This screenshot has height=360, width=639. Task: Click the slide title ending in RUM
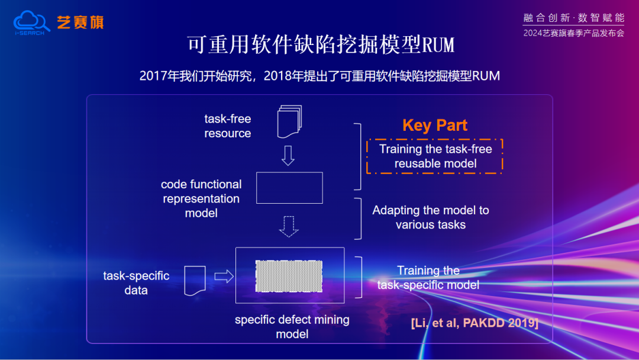click(x=320, y=45)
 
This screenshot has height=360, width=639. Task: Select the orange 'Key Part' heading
click(x=435, y=126)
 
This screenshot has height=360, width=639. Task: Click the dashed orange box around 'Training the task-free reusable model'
click(x=435, y=156)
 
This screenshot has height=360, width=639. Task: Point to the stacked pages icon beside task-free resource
click(x=289, y=121)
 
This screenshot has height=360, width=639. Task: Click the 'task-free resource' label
click(x=228, y=126)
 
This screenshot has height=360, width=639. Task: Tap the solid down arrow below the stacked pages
click(x=288, y=155)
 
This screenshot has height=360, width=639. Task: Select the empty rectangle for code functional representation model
click(x=289, y=188)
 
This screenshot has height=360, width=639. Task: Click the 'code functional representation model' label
click(x=201, y=199)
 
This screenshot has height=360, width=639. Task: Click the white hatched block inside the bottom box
click(x=289, y=276)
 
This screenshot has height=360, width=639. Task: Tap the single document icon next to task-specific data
click(x=195, y=281)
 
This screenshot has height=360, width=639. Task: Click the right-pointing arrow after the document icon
click(x=224, y=277)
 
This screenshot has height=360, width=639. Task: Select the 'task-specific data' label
click(x=136, y=283)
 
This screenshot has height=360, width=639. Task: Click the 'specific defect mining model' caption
click(x=292, y=327)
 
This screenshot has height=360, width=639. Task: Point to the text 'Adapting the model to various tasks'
click(x=431, y=217)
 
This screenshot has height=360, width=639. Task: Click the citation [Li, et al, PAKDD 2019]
click(x=474, y=323)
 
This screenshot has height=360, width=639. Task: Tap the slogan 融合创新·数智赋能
click(x=573, y=18)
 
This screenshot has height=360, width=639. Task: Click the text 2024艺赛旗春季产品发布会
click(x=573, y=33)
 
